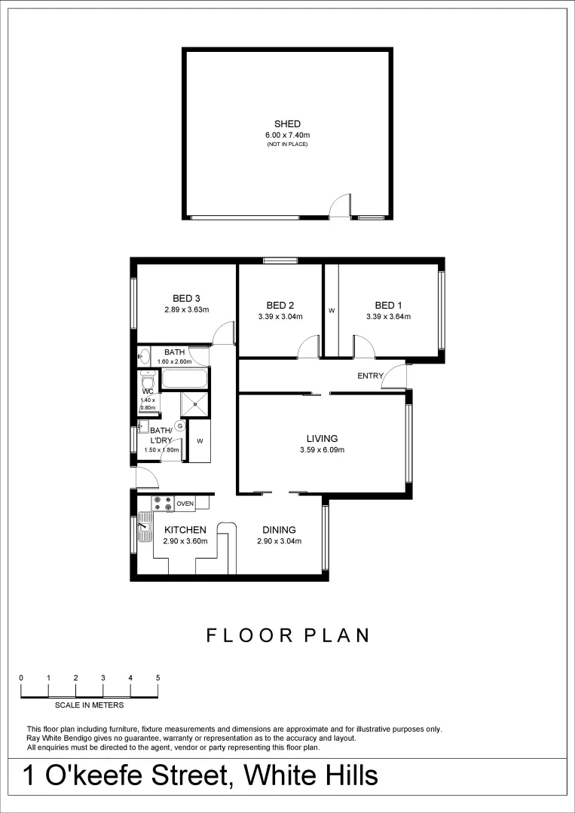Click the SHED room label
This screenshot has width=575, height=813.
[x=287, y=124]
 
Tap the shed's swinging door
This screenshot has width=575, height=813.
[x=341, y=206]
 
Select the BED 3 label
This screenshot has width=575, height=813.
[x=186, y=297]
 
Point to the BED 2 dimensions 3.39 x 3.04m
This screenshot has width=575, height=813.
[x=280, y=317]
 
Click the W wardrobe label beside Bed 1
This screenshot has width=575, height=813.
[x=331, y=310]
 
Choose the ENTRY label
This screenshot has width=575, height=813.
[x=370, y=376]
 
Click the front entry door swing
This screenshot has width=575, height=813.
[x=395, y=377]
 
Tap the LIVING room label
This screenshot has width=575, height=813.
[x=322, y=438]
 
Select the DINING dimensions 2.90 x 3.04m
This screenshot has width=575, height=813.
[x=279, y=541]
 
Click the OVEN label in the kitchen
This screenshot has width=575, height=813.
[x=185, y=504]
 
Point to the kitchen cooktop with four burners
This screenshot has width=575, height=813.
[x=162, y=504]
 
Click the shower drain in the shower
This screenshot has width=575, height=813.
[x=194, y=404]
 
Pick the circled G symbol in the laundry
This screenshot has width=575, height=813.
[x=179, y=425]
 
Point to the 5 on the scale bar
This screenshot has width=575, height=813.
[x=158, y=677]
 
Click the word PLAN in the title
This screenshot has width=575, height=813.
[x=336, y=635]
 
